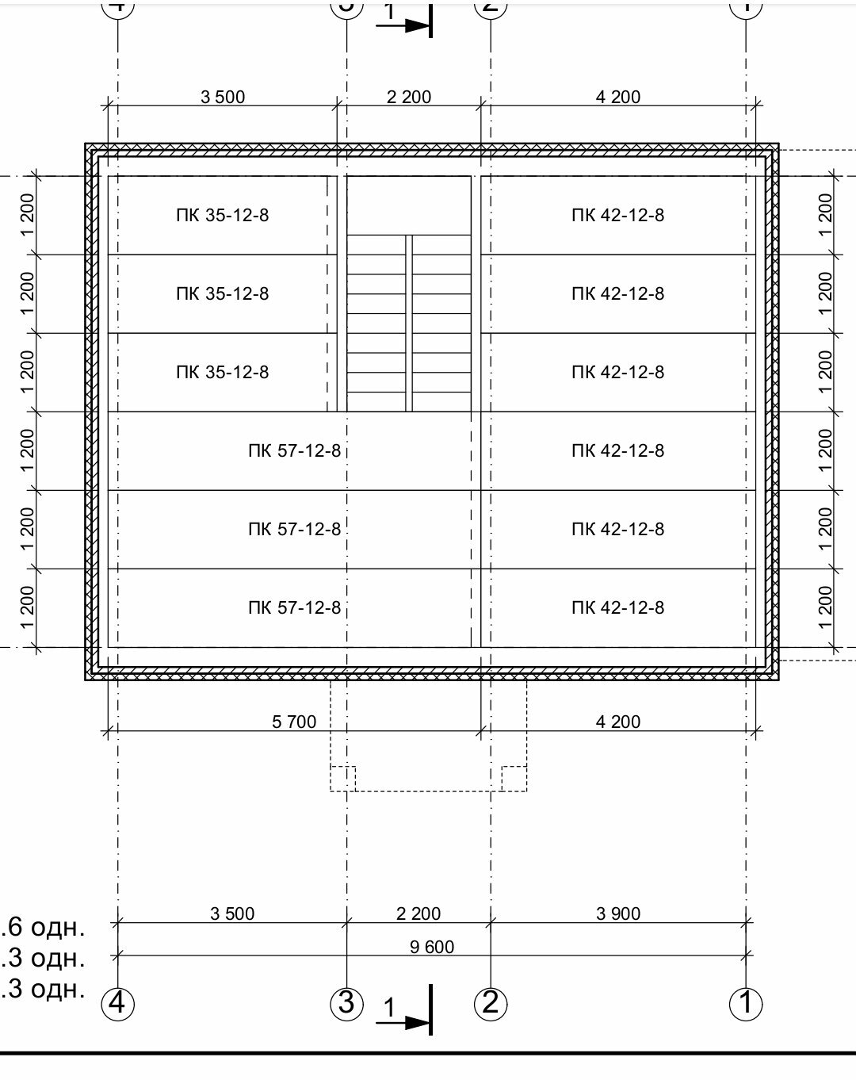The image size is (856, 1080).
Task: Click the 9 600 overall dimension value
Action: (x=431, y=947)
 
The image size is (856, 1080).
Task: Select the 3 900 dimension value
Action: (x=618, y=913)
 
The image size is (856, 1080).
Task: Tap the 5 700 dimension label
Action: (x=294, y=722)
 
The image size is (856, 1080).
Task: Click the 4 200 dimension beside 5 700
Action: (x=618, y=722)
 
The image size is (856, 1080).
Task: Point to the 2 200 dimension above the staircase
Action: (x=409, y=97)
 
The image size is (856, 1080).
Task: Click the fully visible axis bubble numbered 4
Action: (x=118, y=1004)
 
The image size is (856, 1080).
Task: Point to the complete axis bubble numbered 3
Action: (x=346, y=1004)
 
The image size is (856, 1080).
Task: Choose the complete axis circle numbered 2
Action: (x=491, y=1004)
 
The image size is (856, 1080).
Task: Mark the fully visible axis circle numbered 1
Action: (x=746, y=1004)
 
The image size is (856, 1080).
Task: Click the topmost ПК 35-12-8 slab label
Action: (x=222, y=216)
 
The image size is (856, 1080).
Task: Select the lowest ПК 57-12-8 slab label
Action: (x=295, y=607)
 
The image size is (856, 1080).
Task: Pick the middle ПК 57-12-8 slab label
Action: (x=295, y=529)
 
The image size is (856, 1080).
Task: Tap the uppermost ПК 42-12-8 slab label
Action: (x=617, y=216)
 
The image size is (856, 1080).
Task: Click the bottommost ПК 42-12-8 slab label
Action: (x=617, y=607)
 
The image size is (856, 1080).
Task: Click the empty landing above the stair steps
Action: (x=409, y=205)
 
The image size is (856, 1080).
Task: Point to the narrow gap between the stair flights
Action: (x=409, y=324)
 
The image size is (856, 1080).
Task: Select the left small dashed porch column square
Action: (x=343, y=779)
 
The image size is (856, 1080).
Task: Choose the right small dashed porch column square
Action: (x=514, y=779)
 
